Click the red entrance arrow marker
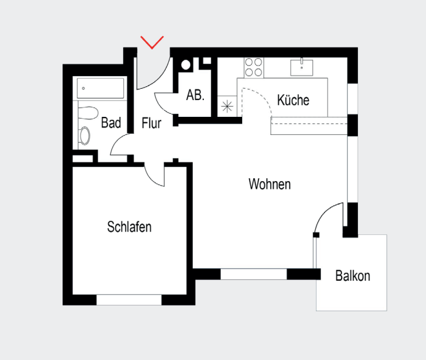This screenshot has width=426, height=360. click(152, 42)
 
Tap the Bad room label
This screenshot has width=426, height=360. click(111, 123)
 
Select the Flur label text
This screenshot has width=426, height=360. click(151, 123)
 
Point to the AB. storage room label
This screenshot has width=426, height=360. click(195, 96)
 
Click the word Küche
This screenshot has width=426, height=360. click(293, 100)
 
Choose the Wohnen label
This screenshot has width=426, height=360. click(270, 184)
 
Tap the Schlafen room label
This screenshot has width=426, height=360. click(129, 226)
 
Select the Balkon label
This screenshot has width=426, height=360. click(352, 276)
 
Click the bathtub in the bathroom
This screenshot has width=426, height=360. click(101, 89)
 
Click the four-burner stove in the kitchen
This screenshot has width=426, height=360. click(253, 67)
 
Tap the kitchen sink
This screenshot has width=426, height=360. click(302, 67)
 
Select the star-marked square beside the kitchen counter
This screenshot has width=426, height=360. click(226, 106)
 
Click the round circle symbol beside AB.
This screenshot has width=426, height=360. click(186, 64)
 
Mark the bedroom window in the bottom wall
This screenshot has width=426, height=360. click(129, 300)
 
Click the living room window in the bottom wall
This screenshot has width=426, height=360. click(253, 274)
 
